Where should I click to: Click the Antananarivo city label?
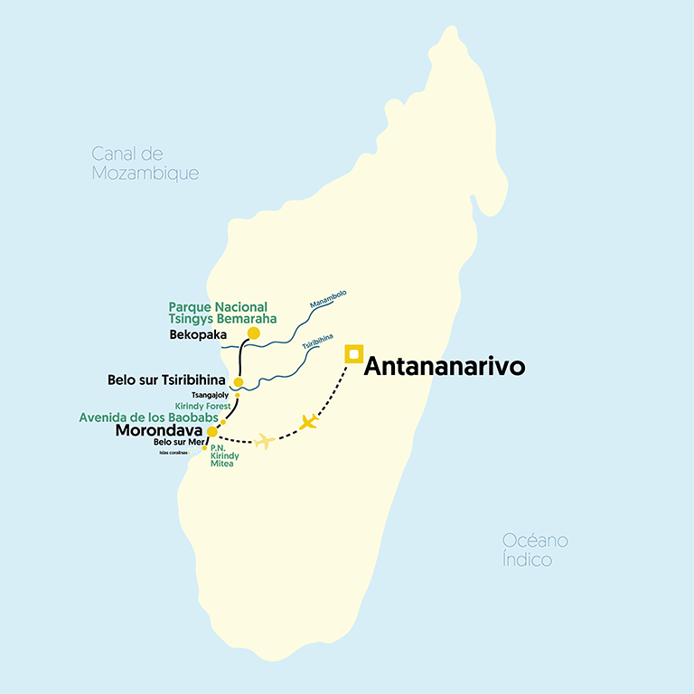444,367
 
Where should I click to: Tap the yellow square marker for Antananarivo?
354,353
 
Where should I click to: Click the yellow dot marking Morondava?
212,431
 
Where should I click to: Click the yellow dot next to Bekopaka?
254,333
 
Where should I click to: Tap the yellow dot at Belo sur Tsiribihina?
239,382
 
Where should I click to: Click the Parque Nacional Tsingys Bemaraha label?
222,313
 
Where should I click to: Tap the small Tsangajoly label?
211,395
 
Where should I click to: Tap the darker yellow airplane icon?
310,421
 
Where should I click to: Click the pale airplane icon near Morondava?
264,440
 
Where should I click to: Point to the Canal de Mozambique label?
145,163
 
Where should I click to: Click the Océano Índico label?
536,549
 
